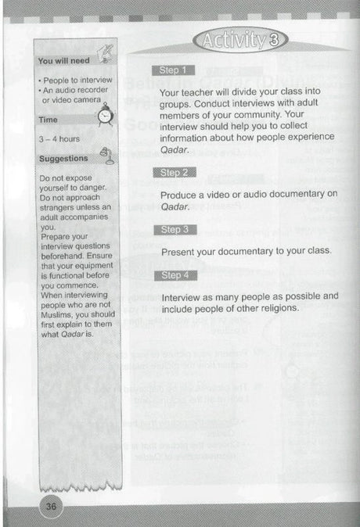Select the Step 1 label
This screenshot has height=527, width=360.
[173, 70]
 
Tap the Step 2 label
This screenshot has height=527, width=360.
[173, 172]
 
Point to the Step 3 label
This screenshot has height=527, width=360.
[173, 230]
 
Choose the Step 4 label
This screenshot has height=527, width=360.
[173, 275]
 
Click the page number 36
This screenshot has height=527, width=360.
[52, 506]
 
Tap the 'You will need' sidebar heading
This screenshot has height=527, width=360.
[64, 60]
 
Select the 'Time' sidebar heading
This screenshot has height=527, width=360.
[49, 120]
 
